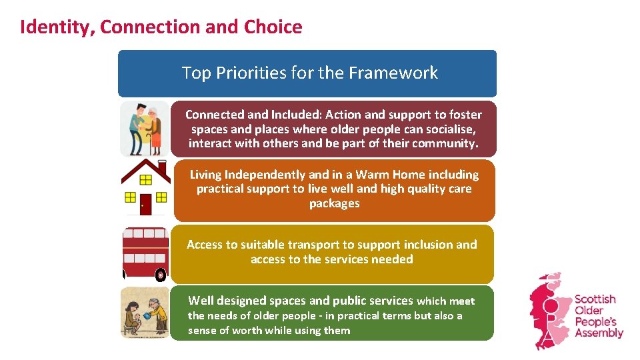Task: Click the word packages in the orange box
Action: (334, 203)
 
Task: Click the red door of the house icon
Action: (145, 204)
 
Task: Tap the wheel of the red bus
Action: (160, 274)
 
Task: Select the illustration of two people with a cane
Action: (145, 128)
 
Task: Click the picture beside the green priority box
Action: (145, 313)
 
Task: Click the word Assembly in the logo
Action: (598, 333)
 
